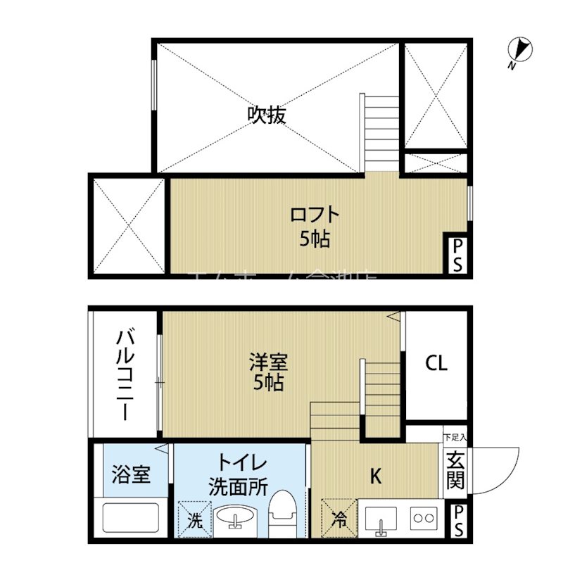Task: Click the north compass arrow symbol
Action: coord(521,50)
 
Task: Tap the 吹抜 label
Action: coord(267,115)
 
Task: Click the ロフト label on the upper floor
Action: coord(315,213)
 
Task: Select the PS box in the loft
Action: coord(457,254)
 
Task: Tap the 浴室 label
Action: coord(131,474)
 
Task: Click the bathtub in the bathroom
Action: coord(131,517)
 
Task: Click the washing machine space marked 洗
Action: coord(194,519)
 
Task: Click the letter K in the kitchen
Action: coord(376,477)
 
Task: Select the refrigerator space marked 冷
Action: coord(339,519)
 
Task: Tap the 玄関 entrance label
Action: coord(455,470)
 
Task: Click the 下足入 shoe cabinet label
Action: coord(455,436)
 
